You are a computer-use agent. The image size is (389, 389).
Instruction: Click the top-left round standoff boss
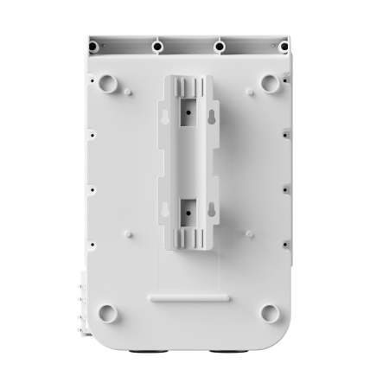[107, 82]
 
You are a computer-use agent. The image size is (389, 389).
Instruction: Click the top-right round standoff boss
[270, 82]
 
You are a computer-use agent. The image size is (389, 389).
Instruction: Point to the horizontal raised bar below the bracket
[188, 297]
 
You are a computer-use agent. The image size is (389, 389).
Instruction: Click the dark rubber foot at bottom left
[145, 353]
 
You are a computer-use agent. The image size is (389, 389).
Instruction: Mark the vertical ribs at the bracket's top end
[188, 87]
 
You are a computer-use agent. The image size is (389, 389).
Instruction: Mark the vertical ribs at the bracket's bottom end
[188, 235]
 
